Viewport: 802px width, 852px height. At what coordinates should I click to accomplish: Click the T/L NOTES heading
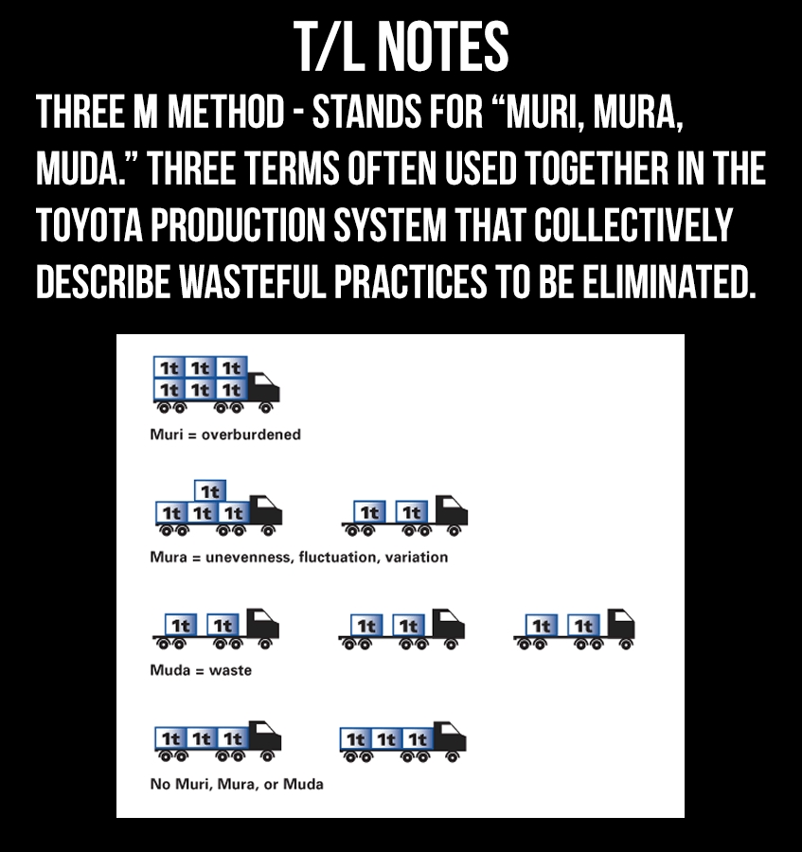pyautogui.click(x=401, y=46)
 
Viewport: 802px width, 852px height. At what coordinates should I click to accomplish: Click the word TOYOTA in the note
pyautogui.click(x=89, y=225)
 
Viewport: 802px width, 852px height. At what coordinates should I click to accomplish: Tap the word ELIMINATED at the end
pyautogui.click(x=668, y=282)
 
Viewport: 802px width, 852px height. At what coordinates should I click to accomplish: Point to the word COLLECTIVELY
pyautogui.click(x=633, y=225)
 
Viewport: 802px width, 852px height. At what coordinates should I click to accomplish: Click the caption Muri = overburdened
pyautogui.click(x=225, y=435)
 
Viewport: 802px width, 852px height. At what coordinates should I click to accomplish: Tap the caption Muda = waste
pyautogui.click(x=201, y=670)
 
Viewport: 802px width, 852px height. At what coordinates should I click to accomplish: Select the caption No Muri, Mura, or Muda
pyautogui.click(x=237, y=784)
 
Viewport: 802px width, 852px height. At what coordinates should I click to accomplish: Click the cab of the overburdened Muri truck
pyautogui.click(x=264, y=387)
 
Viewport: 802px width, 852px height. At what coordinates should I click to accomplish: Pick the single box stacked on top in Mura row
pyautogui.click(x=210, y=491)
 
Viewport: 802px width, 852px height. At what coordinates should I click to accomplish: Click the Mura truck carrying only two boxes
pyautogui.click(x=404, y=516)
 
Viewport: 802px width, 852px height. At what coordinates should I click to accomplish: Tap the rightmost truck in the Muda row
pyautogui.click(x=575, y=630)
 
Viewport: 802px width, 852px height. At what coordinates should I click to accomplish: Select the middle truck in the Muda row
pyautogui.click(x=401, y=630)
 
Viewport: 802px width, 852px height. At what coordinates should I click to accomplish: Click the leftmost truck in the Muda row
pyautogui.click(x=216, y=630)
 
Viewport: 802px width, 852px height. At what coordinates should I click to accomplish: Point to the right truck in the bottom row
pyautogui.click(x=402, y=741)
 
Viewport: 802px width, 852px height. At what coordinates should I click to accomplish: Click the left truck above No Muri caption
pyautogui.click(x=218, y=741)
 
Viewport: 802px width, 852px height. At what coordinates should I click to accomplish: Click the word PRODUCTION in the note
pyautogui.click(x=238, y=225)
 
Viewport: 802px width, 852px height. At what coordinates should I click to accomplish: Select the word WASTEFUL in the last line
pyautogui.click(x=252, y=282)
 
